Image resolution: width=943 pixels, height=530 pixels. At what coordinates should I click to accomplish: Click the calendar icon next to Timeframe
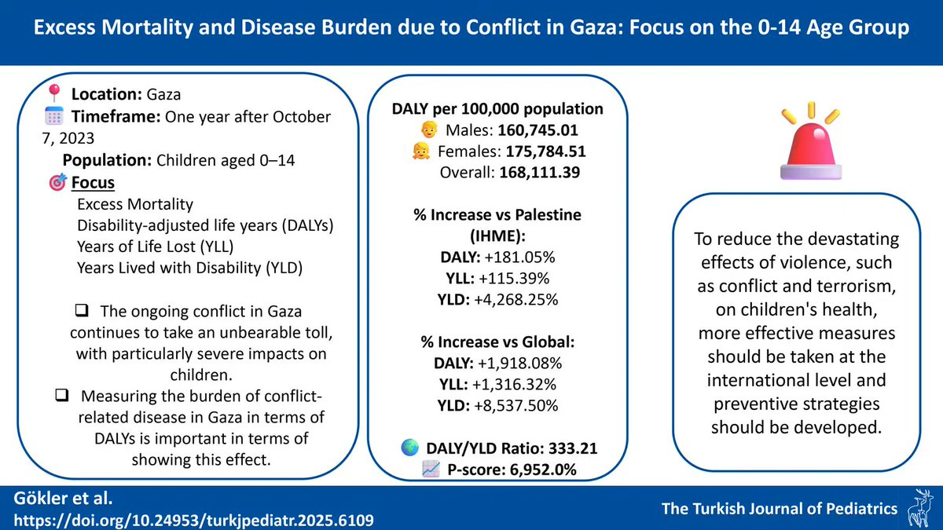(53, 117)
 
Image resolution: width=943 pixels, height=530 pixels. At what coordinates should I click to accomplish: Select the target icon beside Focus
(57, 183)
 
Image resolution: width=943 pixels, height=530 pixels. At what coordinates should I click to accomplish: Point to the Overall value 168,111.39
(539, 172)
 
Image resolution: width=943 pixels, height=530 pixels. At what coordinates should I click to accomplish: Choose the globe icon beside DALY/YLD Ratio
(410, 449)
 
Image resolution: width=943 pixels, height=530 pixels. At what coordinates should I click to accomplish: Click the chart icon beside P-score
(431, 470)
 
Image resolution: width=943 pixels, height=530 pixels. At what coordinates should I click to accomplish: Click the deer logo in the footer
(919, 508)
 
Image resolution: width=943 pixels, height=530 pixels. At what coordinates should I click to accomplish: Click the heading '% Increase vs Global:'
(497, 342)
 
